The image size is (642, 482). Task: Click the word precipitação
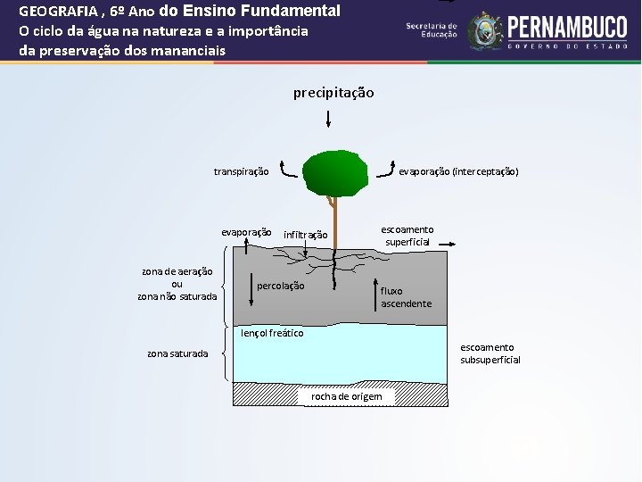[x=333, y=93]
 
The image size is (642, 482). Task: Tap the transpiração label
[x=241, y=171]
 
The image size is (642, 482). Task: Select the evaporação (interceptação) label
[x=458, y=171]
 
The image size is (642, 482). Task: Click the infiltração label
[x=305, y=236]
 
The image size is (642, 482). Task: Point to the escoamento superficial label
[x=407, y=236]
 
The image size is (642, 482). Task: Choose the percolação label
[x=280, y=287]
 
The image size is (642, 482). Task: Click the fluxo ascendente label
[x=406, y=297]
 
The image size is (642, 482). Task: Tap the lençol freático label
[x=272, y=333]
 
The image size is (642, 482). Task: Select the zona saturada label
[x=177, y=353]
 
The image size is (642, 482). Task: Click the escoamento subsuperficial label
[x=490, y=353]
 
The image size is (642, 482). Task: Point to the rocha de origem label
[x=346, y=396]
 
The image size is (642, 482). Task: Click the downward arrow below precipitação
[x=329, y=118]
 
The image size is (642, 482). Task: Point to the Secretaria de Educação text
[x=431, y=29]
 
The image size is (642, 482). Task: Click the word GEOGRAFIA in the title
[x=59, y=12]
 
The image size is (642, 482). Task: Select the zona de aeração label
[x=177, y=271]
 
